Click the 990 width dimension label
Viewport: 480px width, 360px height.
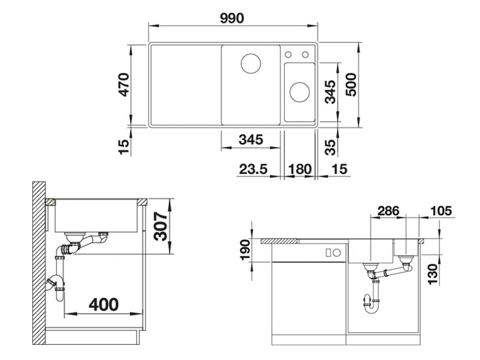click(x=232, y=18)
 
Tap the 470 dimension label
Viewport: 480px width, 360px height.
click(x=123, y=85)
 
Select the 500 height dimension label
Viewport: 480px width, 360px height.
click(x=351, y=85)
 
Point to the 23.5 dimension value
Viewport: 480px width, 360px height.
click(x=253, y=169)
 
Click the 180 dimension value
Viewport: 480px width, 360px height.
click(x=300, y=169)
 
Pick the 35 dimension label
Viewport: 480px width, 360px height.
click(x=330, y=147)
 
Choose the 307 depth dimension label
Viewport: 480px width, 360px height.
click(x=160, y=226)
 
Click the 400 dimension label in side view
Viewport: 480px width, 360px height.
click(x=104, y=305)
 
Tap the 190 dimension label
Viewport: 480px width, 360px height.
click(x=245, y=250)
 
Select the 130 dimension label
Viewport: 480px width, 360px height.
click(x=433, y=275)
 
